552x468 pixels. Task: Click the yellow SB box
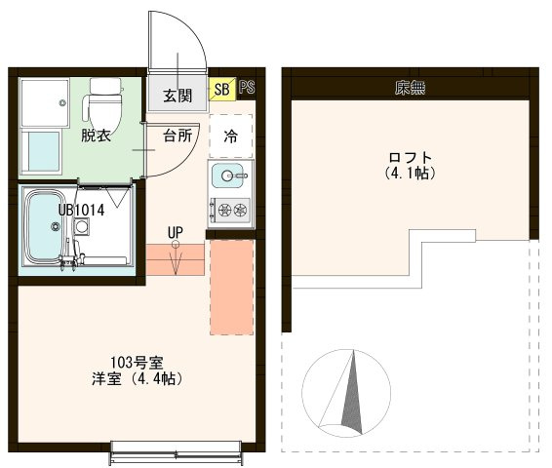(x=221, y=89)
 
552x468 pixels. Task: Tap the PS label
(x=247, y=87)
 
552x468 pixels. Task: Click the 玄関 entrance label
(x=177, y=96)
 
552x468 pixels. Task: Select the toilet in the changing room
(x=103, y=102)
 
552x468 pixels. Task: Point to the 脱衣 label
(x=97, y=136)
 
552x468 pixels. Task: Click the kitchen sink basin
(x=228, y=175)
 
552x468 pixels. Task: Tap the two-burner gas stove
(x=230, y=210)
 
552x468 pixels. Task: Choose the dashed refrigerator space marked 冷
(x=231, y=136)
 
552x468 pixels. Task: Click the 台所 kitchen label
(x=177, y=136)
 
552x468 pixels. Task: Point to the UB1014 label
(x=81, y=210)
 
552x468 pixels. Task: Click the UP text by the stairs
(x=176, y=232)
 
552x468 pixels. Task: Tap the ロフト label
(x=411, y=157)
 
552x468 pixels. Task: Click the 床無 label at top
(x=411, y=88)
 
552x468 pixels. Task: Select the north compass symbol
(x=346, y=393)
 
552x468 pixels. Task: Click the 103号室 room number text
(x=137, y=362)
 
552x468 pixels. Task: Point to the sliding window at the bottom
(x=177, y=452)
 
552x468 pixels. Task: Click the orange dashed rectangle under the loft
(x=232, y=287)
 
